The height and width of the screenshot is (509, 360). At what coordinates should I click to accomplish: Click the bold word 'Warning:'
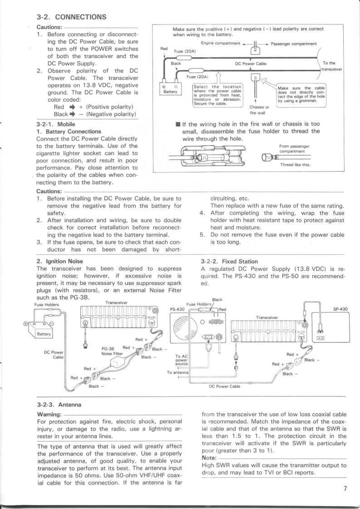[50, 413]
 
